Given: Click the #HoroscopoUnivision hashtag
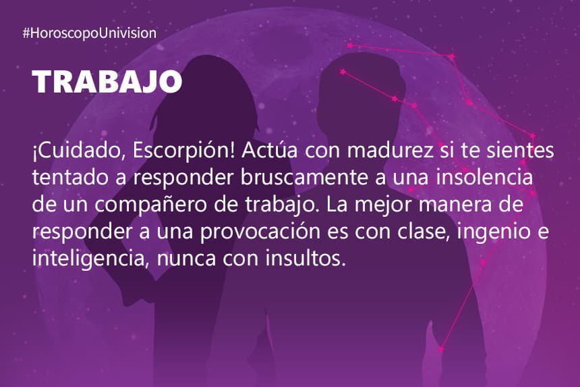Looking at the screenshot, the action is point(90,33).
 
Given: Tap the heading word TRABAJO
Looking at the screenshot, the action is point(107,82).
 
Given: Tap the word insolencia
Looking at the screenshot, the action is point(484,178).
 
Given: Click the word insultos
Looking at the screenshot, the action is point(306,258).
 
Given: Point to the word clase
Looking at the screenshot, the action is point(424,231).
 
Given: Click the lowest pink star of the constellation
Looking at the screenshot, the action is point(440,349).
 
